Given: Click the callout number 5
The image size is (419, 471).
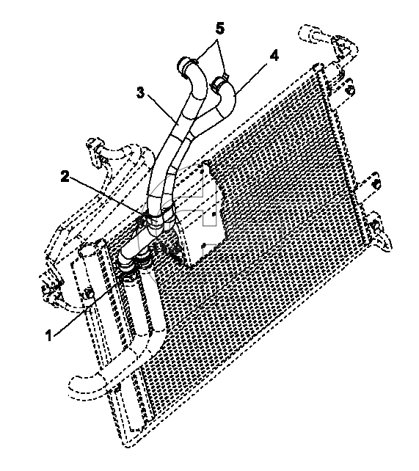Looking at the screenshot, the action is [x=220, y=29].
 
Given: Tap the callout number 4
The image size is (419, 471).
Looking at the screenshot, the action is [x=274, y=56].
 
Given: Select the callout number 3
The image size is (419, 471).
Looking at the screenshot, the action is [x=140, y=93].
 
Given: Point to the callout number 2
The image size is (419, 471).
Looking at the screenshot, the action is [x=65, y=176].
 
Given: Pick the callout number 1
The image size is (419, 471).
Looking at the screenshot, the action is [x=48, y=335].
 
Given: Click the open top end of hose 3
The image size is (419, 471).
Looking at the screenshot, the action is [x=183, y=64].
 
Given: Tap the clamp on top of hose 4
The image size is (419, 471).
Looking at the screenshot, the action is [x=219, y=82].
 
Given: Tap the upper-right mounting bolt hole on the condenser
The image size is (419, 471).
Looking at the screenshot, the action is [x=351, y=90].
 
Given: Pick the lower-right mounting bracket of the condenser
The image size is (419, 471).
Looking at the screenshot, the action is [x=381, y=233].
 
